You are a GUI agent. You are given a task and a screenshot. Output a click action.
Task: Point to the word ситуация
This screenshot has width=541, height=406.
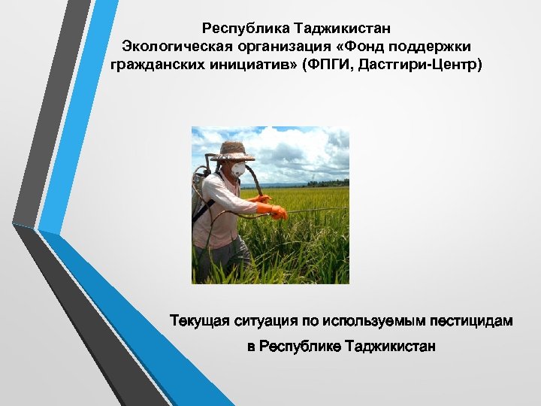[269, 321]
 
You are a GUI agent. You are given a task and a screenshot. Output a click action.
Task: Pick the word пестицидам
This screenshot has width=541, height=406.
[471, 321]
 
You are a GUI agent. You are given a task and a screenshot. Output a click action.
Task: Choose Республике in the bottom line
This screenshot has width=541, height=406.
[300, 347]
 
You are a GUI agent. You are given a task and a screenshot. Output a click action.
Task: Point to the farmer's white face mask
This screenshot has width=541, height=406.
[237, 169]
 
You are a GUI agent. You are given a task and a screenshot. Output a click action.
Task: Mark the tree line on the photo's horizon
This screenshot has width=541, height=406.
[328, 183]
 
